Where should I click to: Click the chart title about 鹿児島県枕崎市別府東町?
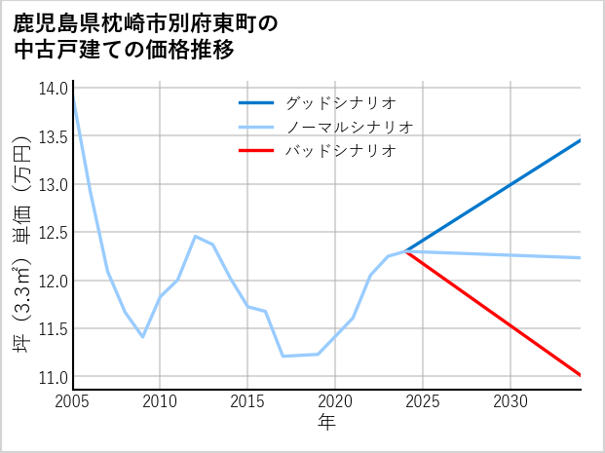pyautogui.click(x=146, y=36)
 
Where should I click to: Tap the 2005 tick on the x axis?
pyautogui.click(x=72, y=401)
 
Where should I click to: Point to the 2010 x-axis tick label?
pyautogui.click(x=160, y=401)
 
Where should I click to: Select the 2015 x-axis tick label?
pyautogui.click(x=247, y=401)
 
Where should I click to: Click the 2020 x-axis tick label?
pyautogui.click(x=335, y=401)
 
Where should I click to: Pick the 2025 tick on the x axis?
pyautogui.click(x=423, y=401)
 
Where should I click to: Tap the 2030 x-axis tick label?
pyautogui.click(x=510, y=401)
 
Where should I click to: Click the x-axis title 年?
pyautogui.click(x=326, y=422)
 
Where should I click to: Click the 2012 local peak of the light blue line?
pyautogui.click(x=195, y=236)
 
